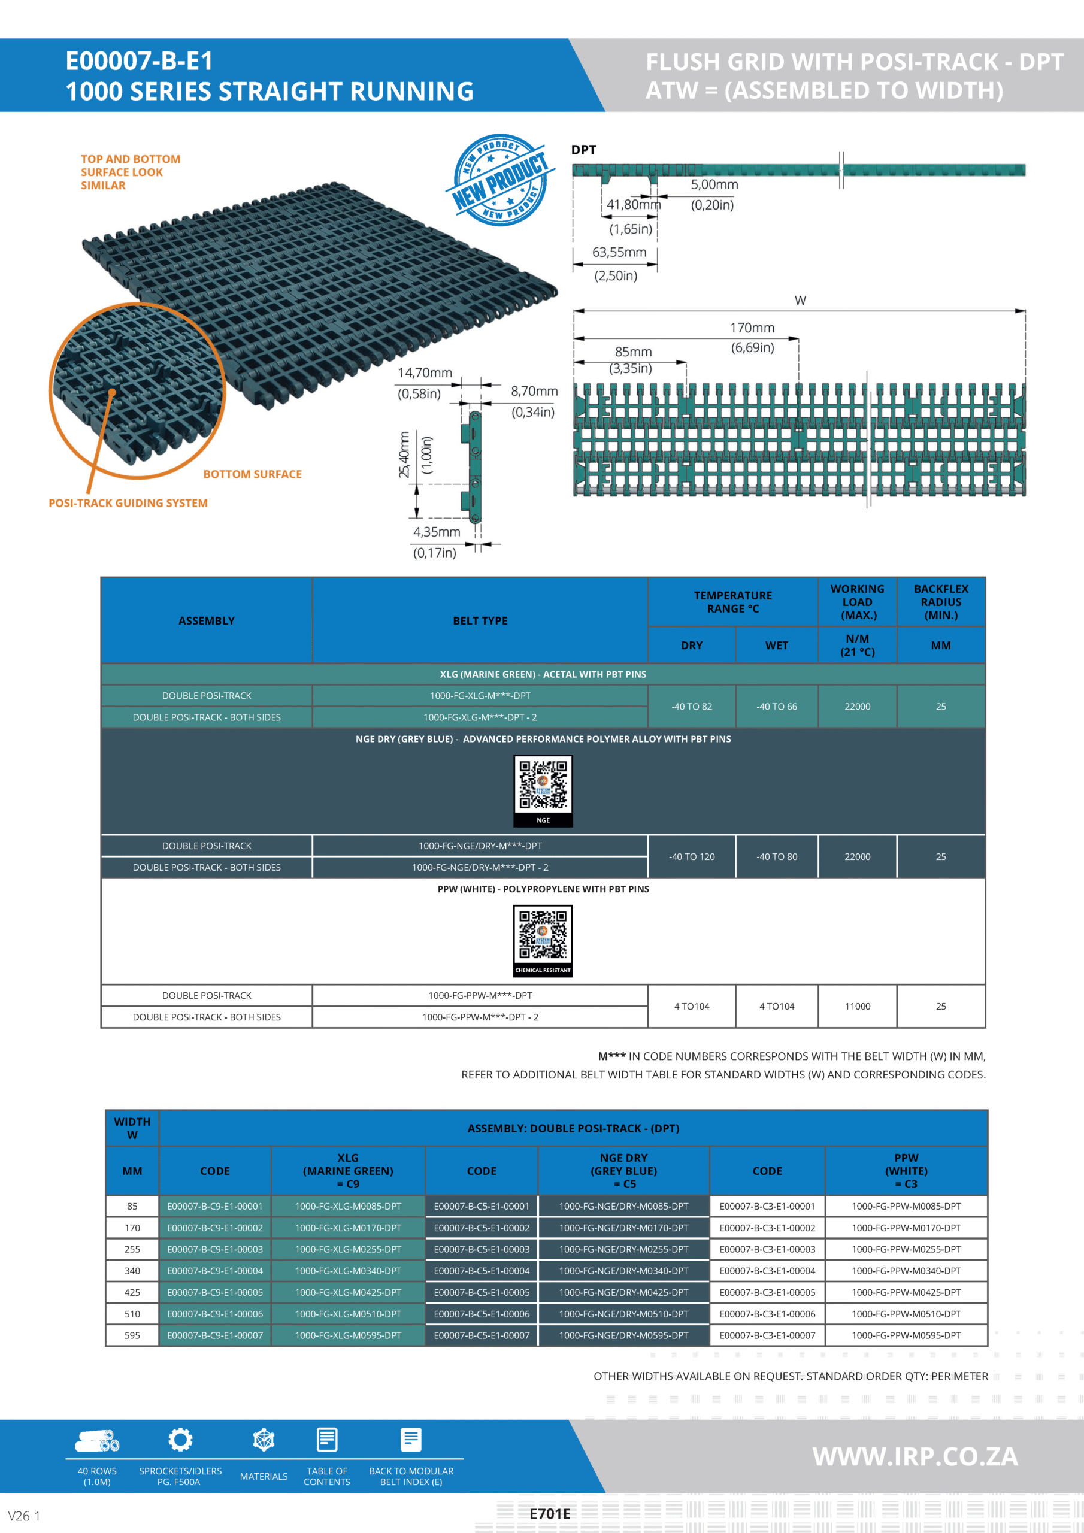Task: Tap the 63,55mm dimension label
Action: click(x=619, y=252)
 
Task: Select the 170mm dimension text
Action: click(x=752, y=328)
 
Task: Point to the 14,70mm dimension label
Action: click(x=425, y=372)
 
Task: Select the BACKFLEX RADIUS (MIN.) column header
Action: click(x=940, y=602)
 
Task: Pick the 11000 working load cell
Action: click(x=857, y=1006)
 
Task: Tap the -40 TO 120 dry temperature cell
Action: click(x=691, y=857)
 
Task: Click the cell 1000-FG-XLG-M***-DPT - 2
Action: click(x=480, y=717)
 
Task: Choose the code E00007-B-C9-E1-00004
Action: click(x=215, y=1271)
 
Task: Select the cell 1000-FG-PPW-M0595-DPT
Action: click(x=906, y=1335)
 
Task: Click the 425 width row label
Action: click(x=132, y=1293)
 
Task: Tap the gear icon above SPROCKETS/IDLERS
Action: click(x=180, y=1440)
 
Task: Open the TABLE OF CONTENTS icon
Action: click(x=326, y=1440)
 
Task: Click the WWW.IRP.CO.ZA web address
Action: click(x=915, y=1456)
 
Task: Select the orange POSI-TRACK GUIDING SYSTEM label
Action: click(x=128, y=503)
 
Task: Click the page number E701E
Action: click(x=550, y=1514)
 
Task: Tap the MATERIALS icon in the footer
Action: click(x=264, y=1440)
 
